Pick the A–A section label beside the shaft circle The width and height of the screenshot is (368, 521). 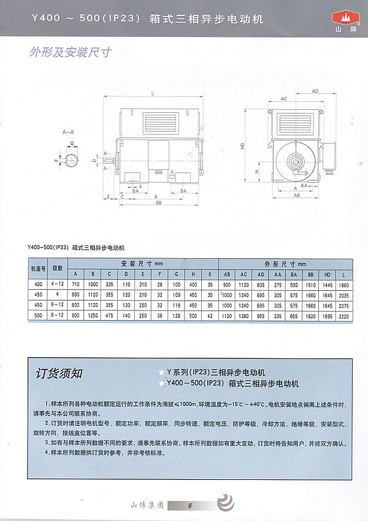click(x=67, y=132)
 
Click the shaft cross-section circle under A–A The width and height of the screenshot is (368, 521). click(x=71, y=160)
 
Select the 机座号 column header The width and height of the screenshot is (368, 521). click(x=39, y=268)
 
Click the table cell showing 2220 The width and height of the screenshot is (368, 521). click(x=342, y=315)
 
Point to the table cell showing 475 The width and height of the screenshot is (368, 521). click(x=109, y=315)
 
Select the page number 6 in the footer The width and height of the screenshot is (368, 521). click(x=190, y=506)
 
